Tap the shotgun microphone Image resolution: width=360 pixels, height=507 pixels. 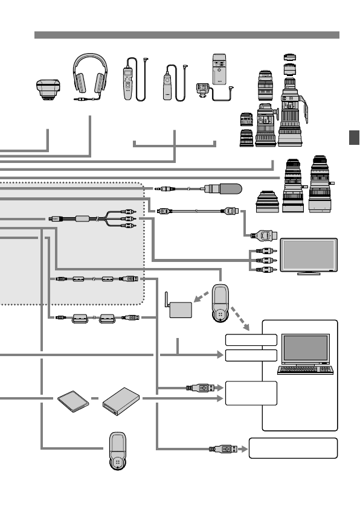click(223, 189)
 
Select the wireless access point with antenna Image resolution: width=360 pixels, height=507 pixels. click(181, 309)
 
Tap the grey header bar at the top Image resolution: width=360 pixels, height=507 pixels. click(187, 35)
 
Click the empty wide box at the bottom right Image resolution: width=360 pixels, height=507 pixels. click(292, 448)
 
